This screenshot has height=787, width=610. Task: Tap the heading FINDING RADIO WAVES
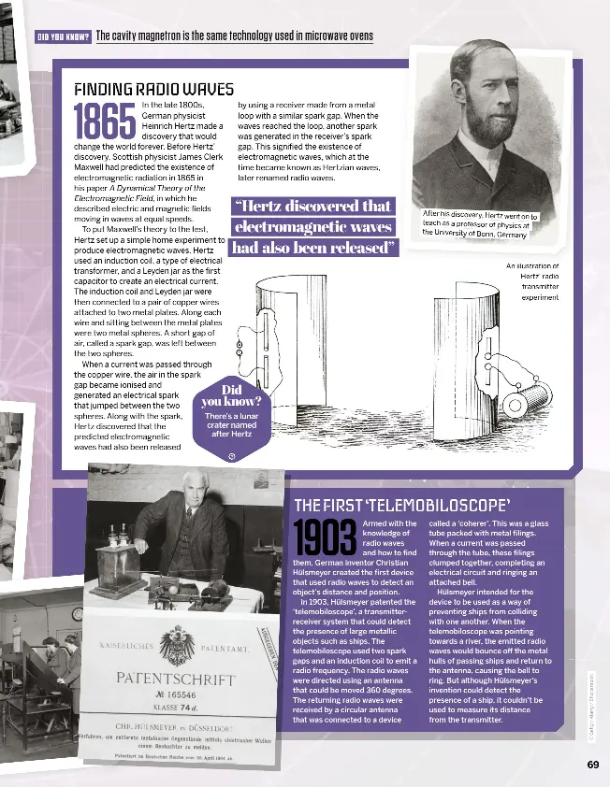pyautogui.click(x=153, y=90)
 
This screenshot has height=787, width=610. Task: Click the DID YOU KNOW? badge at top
pyautogui.click(x=62, y=37)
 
